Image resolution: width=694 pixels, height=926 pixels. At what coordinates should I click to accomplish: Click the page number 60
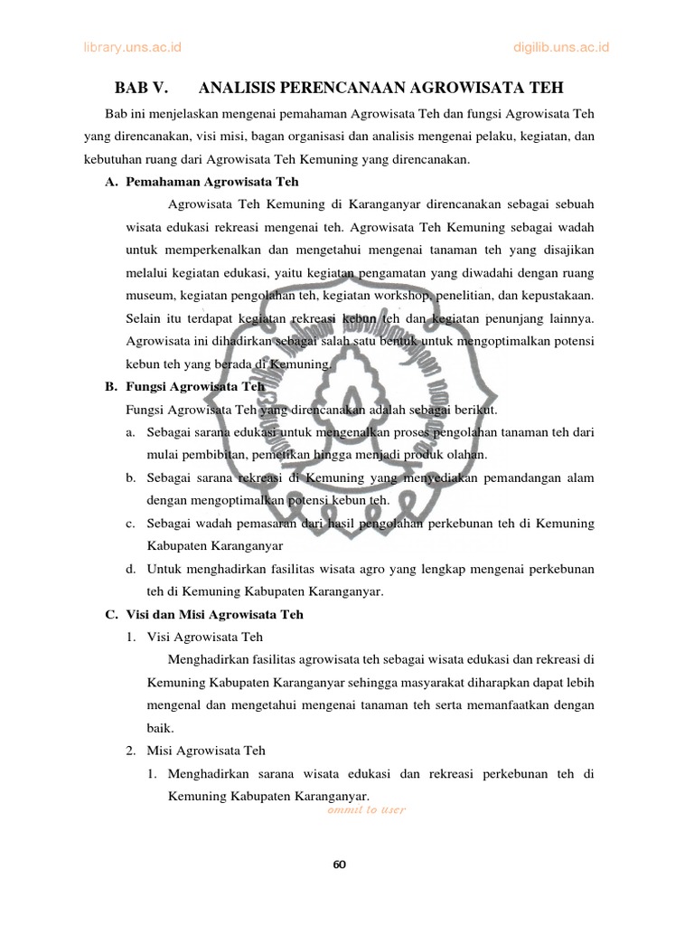pyautogui.click(x=340, y=864)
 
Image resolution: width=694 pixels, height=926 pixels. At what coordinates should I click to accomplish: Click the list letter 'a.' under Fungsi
pyautogui.click(x=132, y=431)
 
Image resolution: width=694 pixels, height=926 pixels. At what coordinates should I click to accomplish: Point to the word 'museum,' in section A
pyautogui.click(x=154, y=295)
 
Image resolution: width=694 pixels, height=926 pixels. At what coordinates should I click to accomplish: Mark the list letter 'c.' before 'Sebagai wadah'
pyautogui.click(x=132, y=523)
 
